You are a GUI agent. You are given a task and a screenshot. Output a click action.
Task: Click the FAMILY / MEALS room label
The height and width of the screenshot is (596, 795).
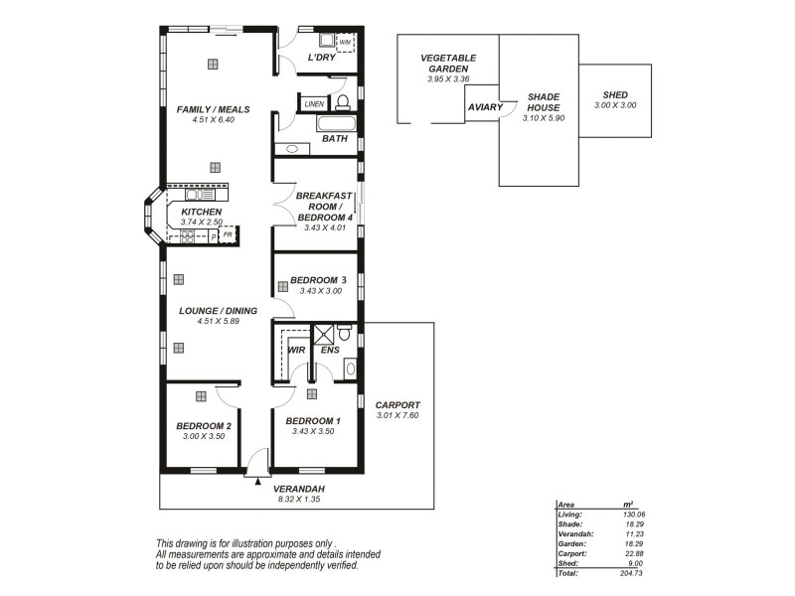213,109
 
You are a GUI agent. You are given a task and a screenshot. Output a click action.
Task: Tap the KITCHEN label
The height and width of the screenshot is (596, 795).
201,213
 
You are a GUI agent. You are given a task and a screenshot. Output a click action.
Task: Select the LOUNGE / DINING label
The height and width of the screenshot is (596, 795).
218,311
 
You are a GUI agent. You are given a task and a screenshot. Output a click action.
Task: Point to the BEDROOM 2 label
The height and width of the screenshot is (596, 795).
204,425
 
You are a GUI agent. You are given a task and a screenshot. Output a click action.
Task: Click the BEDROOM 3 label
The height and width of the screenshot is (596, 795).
318,280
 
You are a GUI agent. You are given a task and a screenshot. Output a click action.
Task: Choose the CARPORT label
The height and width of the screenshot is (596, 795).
397,405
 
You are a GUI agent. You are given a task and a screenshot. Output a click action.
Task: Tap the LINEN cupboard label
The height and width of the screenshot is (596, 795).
314,103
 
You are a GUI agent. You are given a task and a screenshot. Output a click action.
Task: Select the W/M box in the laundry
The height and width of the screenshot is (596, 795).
345,43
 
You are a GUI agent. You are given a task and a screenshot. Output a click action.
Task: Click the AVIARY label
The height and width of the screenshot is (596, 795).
485,106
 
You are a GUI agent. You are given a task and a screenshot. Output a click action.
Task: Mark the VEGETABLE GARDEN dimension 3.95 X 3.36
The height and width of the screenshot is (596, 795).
447,78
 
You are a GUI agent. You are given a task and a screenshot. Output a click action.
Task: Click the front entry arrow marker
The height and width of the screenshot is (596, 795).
258,481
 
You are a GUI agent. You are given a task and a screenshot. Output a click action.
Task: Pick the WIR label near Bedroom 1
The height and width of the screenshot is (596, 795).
296,350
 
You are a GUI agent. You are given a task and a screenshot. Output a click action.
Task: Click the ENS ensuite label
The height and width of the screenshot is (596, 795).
330,350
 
